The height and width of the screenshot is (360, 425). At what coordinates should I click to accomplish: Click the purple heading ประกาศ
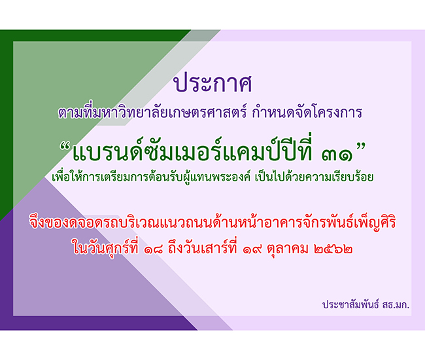[x=213, y=82]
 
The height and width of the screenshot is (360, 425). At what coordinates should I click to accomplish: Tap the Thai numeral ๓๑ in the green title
[x=337, y=155]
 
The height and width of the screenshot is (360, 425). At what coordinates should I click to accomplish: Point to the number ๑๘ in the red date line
[x=154, y=249]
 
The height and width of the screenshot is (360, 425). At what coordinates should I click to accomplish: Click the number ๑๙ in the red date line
[x=252, y=249]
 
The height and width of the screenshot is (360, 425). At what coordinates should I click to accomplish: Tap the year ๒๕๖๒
[x=333, y=249]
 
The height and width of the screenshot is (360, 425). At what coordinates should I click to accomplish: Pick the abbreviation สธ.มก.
[x=396, y=305]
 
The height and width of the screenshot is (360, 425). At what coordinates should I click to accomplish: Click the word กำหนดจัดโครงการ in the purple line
[x=307, y=113]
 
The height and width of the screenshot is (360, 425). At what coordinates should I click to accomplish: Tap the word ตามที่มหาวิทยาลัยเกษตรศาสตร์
[x=152, y=113]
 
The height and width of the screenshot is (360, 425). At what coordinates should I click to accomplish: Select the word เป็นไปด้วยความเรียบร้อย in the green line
[x=314, y=177]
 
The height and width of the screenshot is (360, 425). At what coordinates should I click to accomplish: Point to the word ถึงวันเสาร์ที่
[x=203, y=247]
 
